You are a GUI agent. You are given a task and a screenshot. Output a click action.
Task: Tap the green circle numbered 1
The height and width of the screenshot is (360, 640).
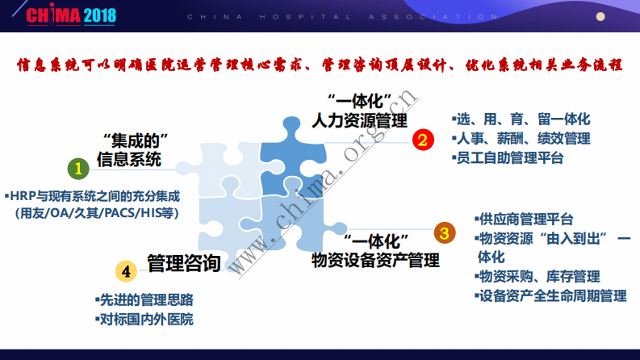click(x=77, y=168)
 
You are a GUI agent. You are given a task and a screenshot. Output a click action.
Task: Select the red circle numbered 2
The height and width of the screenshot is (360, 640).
click(x=420, y=140)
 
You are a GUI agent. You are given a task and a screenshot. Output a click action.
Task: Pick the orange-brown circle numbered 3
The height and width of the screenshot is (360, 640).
click(x=443, y=233)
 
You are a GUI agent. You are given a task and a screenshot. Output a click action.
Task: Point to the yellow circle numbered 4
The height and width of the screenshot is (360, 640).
click(x=124, y=270)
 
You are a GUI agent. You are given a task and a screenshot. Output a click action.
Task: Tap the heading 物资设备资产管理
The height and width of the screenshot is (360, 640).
click(x=376, y=260)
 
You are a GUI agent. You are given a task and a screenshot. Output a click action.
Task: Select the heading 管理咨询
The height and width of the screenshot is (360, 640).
click(x=184, y=263)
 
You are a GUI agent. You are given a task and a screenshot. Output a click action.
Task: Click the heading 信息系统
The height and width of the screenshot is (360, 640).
click(x=129, y=158)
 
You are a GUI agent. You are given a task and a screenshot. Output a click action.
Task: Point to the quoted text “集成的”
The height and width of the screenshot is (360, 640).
click(x=130, y=138)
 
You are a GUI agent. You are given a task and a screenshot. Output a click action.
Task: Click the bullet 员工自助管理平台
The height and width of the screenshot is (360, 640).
click(x=508, y=158)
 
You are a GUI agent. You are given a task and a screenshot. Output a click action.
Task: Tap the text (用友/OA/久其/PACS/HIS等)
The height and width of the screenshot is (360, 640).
click(x=96, y=214)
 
